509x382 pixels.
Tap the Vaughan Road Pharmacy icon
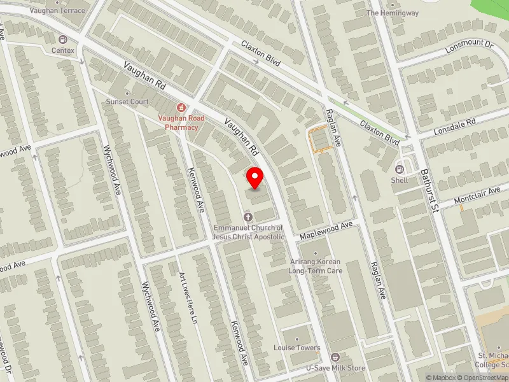click(x=181, y=108)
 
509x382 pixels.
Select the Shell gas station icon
click(x=400, y=169)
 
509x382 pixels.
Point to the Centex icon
click(x=63, y=39)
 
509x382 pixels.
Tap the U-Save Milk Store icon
click(x=335, y=357)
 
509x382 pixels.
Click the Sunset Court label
click(x=127, y=101)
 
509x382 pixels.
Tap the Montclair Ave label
click(x=477, y=200)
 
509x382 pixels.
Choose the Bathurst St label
click(x=429, y=191)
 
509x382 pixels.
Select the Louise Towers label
click(x=297, y=348)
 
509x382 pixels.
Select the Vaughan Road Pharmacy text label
click(x=178, y=122)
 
